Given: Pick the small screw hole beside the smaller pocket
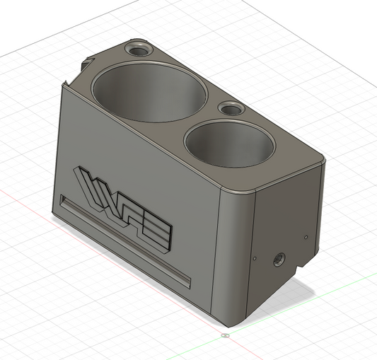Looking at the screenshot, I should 230,109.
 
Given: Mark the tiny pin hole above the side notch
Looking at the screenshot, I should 306,238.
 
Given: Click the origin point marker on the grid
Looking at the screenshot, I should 224,335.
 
